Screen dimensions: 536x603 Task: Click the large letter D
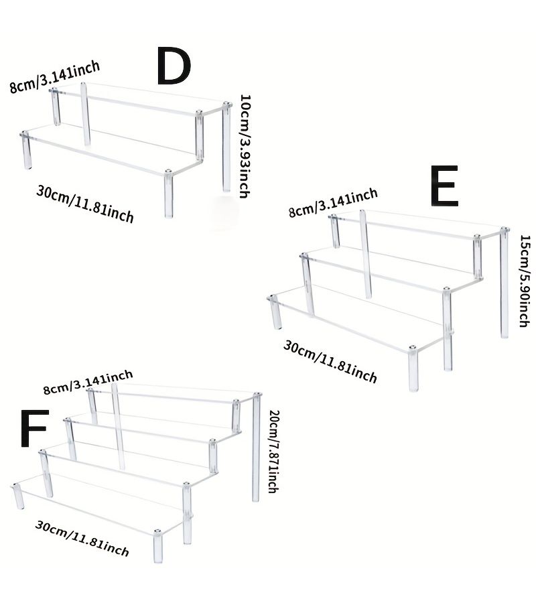(x=174, y=66)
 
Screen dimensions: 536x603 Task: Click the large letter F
(x=34, y=428)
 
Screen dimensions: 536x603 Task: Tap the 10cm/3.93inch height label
(x=245, y=146)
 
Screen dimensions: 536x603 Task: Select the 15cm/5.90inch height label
(x=525, y=281)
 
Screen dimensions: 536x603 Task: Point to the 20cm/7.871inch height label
(x=273, y=451)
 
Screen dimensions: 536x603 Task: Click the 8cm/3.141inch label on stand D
(x=55, y=76)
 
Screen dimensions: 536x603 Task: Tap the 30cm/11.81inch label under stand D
(x=85, y=204)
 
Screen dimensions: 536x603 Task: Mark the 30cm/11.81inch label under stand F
(x=82, y=539)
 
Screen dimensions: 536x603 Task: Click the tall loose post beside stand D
(x=226, y=147)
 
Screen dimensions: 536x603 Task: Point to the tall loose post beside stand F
(x=256, y=448)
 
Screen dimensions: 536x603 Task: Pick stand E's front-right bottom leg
(x=413, y=369)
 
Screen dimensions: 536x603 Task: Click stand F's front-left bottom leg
(x=17, y=497)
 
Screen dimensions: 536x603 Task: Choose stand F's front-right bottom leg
(x=157, y=547)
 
